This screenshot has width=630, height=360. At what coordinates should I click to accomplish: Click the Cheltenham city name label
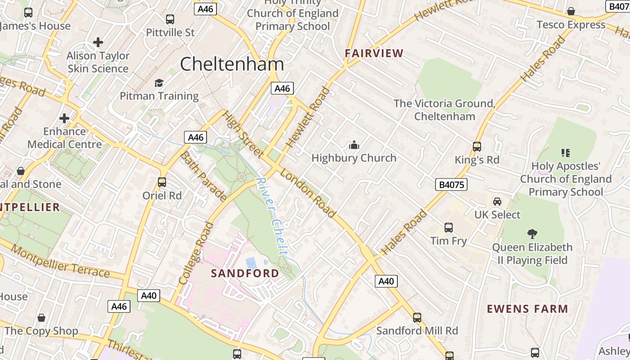click(x=232, y=64)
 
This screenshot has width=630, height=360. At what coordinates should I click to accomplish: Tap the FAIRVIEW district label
click(x=374, y=53)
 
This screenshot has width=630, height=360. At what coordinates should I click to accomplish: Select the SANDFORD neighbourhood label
click(x=245, y=273)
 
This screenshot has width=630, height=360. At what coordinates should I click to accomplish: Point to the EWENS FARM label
click(x=527, y=309)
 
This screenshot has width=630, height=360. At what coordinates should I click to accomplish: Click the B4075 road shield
click(x=451, y=184)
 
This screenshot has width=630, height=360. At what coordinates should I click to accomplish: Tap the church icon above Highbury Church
click(x=354, y=145)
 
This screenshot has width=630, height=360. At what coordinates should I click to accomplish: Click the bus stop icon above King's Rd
click(x=477, y=147)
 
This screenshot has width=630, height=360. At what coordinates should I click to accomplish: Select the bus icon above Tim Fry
click(x=449, y=228)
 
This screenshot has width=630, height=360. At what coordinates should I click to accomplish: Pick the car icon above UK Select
click(x=497, y=202)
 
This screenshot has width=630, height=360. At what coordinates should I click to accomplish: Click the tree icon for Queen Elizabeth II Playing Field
click(x=532, y=234)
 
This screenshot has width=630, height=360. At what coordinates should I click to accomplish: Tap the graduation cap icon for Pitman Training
click(x=159, y=83)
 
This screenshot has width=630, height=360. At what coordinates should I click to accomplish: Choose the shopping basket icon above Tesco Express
click(x=571, y=11)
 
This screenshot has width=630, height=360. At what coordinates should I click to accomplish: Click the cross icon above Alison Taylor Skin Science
click(x=98, y=43)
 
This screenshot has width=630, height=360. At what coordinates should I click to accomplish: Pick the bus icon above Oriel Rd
click(x=162, y=182)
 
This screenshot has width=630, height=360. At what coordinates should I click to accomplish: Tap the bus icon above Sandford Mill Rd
click(x=417, y=318)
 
